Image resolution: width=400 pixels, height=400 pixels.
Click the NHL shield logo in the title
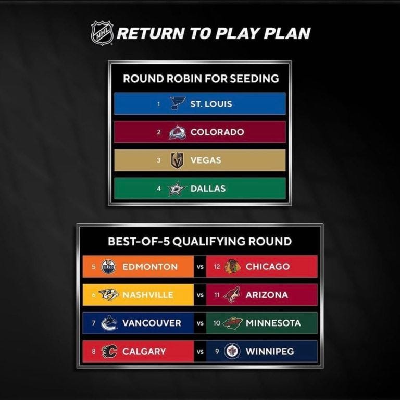102,33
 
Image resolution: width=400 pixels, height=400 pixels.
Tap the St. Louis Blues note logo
178,103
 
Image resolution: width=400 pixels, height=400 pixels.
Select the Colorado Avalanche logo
177,132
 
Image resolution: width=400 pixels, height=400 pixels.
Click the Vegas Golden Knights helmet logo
177,160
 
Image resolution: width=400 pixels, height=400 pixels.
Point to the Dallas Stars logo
177,189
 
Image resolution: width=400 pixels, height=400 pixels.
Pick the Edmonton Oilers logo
108,267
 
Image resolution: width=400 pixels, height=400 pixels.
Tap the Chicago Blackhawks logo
233,267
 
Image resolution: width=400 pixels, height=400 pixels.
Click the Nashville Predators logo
109,295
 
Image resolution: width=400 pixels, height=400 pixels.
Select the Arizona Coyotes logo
232,295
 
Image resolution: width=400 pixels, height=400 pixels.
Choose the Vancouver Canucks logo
109,323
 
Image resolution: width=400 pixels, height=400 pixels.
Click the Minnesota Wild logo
233,323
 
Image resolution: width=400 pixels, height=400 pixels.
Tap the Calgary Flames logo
109,351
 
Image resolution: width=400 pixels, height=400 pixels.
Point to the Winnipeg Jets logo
232,351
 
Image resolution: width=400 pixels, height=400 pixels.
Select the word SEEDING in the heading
254,79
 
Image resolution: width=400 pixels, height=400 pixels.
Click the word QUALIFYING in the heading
209,241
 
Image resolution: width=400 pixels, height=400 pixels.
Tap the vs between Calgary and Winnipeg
200,352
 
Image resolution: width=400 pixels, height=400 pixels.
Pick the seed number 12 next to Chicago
217,267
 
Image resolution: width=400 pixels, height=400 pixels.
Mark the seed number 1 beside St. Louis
159,104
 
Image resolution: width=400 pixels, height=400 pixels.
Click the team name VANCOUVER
152,323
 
